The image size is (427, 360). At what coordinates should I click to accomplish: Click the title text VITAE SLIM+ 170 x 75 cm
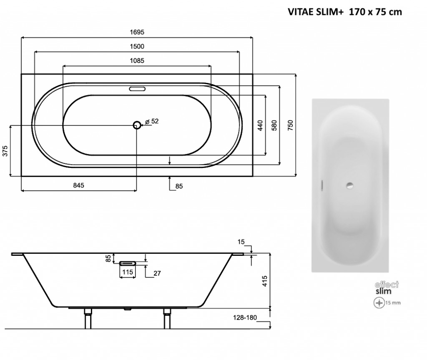point(344,12)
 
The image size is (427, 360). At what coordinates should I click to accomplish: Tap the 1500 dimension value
point(137,46)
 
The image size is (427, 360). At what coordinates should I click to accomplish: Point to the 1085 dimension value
point(137,60)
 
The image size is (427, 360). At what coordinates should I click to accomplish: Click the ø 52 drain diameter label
point(152,121)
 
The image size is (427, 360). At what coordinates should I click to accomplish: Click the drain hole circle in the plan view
point(137,125)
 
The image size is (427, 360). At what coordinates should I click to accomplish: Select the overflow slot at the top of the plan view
point(137,89)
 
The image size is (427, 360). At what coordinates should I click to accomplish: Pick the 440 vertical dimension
point(260,125)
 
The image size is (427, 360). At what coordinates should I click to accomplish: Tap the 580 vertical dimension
point(274,125)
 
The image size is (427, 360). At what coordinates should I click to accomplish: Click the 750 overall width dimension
point(291,125)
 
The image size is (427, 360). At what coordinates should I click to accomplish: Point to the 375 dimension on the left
point(5,151)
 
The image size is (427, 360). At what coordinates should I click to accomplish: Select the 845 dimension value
point(78,185)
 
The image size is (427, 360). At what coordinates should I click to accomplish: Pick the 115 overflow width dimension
point(128,272)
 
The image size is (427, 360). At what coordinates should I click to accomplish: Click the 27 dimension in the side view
point(157,273)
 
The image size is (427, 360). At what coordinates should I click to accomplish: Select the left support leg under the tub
point(88,319)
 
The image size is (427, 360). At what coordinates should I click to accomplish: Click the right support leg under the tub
point(167,319)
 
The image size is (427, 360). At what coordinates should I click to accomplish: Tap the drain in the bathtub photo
point(349,186)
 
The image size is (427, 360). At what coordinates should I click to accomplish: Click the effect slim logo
point(386,288)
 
